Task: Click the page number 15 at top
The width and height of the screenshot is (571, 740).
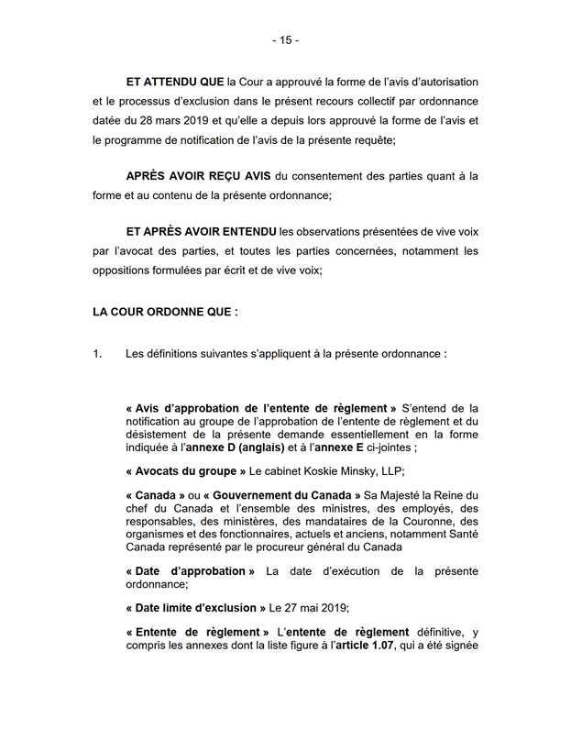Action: pyautogui.click(x=285, y=40)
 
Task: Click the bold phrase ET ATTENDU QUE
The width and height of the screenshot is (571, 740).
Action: pyautogui.click(x=174, y=83)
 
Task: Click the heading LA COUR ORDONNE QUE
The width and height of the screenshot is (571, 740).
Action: pyautogui.click(x=165, y=312)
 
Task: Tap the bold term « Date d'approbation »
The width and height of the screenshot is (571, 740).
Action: pyautogui.click(x=191, y=571)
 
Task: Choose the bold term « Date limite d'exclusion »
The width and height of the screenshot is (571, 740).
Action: pyautogui.click(x=192, y=607)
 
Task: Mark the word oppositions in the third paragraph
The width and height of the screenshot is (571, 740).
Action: pyautogui.click(x=123, y=270)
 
